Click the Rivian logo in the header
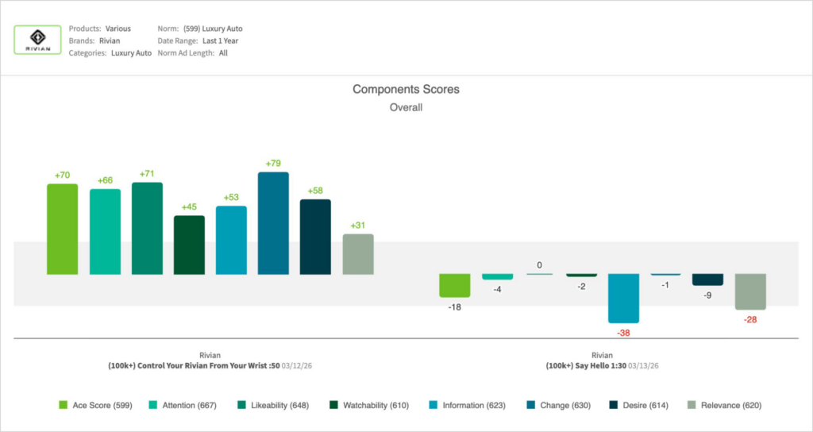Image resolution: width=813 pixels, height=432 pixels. point(38,40)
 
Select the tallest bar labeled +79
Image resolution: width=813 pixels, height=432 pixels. point(273,223)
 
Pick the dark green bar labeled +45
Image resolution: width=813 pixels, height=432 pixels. point(189,245)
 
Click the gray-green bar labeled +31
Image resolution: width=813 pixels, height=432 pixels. point(358,254)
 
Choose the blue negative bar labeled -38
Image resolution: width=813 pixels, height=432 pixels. point(624,298)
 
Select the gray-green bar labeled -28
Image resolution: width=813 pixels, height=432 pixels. point(750,291)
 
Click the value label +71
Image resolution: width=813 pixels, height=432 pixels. point(147,174)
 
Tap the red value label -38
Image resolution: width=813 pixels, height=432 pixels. point(624,333)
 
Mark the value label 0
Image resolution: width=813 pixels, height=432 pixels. point(540,265)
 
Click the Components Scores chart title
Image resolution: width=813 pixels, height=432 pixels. point(406,90)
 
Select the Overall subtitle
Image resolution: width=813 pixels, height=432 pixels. point(406,107)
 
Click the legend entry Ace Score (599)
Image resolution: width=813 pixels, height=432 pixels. point(95,405)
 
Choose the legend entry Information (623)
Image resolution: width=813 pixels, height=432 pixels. point(468,405)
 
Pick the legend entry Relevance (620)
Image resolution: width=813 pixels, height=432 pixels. point(725,405)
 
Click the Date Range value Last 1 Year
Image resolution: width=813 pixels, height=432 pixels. point(221,40)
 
